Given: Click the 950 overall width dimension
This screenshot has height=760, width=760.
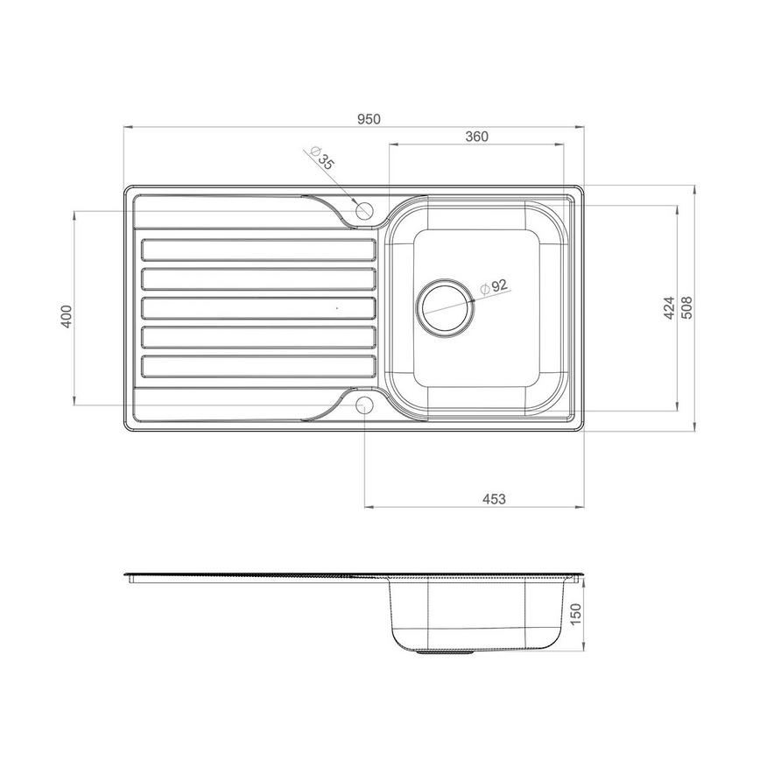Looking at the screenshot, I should pyautogui.click(x=369, y=118).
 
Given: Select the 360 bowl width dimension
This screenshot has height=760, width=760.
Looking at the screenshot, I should pyautogui.click(x=475, y=136).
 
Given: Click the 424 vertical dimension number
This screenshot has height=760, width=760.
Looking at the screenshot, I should pyautogui.click(x=668, y=308).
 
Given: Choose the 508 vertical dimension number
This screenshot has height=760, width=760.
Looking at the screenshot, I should pyautogui.click(x=687, y=308).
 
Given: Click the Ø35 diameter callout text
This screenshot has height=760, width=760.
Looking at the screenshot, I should pyautogui.click(x=324, y=161).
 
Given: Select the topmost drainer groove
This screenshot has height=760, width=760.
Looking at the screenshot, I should pyautogui.click(x=258, y=250).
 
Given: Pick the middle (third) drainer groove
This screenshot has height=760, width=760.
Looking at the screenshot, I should pyautogui.click(x=258, y=307).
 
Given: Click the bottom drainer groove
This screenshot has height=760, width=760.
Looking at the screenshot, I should pyautogui.click(x=258, y=365).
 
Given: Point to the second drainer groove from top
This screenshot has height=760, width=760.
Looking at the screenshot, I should pyautogui.click(x=258, y=278).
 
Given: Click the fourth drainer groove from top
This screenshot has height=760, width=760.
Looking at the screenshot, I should pyautogui.click(x=258, y=336).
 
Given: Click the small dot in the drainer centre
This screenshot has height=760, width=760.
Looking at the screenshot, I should pyautogui.click(x=337, y=308).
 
